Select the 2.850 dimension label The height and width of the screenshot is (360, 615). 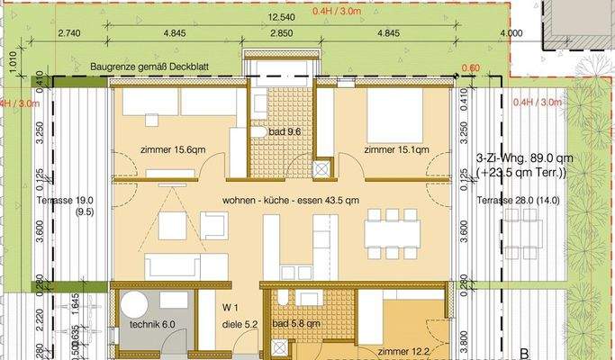(282, 33)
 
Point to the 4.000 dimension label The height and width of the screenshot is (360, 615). (510, 33)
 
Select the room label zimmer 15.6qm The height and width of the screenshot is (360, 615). (170, 149)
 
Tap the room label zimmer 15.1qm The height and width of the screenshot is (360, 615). (396, 149)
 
